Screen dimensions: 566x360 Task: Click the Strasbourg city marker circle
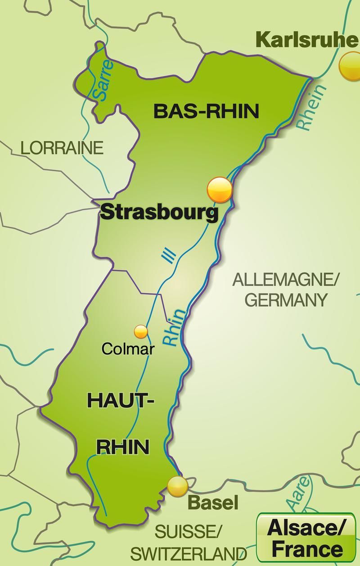[x=220, y=190]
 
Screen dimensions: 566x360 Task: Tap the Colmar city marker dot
[x=141, y=331]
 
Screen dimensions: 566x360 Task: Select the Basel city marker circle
[x=177, y=486]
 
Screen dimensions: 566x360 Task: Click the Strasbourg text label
[x=159, y=212]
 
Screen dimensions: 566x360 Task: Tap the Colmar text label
[x=128, y=349]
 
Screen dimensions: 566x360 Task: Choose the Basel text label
[x=212, y=503]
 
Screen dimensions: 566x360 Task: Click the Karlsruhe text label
[x=307, y=40]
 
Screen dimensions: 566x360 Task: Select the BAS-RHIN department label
[x=207, y=111]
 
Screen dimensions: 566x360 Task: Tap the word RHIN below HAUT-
[x=123, y=447]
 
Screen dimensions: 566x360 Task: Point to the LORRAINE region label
[x=62, y=148]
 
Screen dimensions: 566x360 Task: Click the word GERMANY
[x=286, y=300]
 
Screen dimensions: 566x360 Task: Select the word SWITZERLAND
[x=189, y=553]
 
